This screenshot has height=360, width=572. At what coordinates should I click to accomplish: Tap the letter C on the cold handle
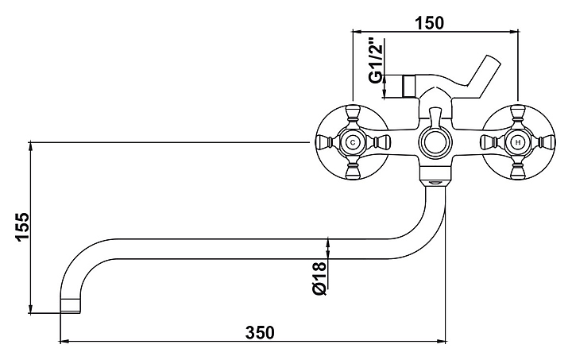353,143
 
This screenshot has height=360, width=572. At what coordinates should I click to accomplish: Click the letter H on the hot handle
517,143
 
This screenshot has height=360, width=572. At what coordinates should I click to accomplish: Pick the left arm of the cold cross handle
323,143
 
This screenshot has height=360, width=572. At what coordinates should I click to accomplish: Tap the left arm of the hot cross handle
488,143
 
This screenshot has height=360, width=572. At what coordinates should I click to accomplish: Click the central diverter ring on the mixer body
435,144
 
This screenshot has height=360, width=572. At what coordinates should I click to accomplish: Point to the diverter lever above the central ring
435,117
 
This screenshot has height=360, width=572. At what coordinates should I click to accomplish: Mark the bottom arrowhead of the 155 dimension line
30,310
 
